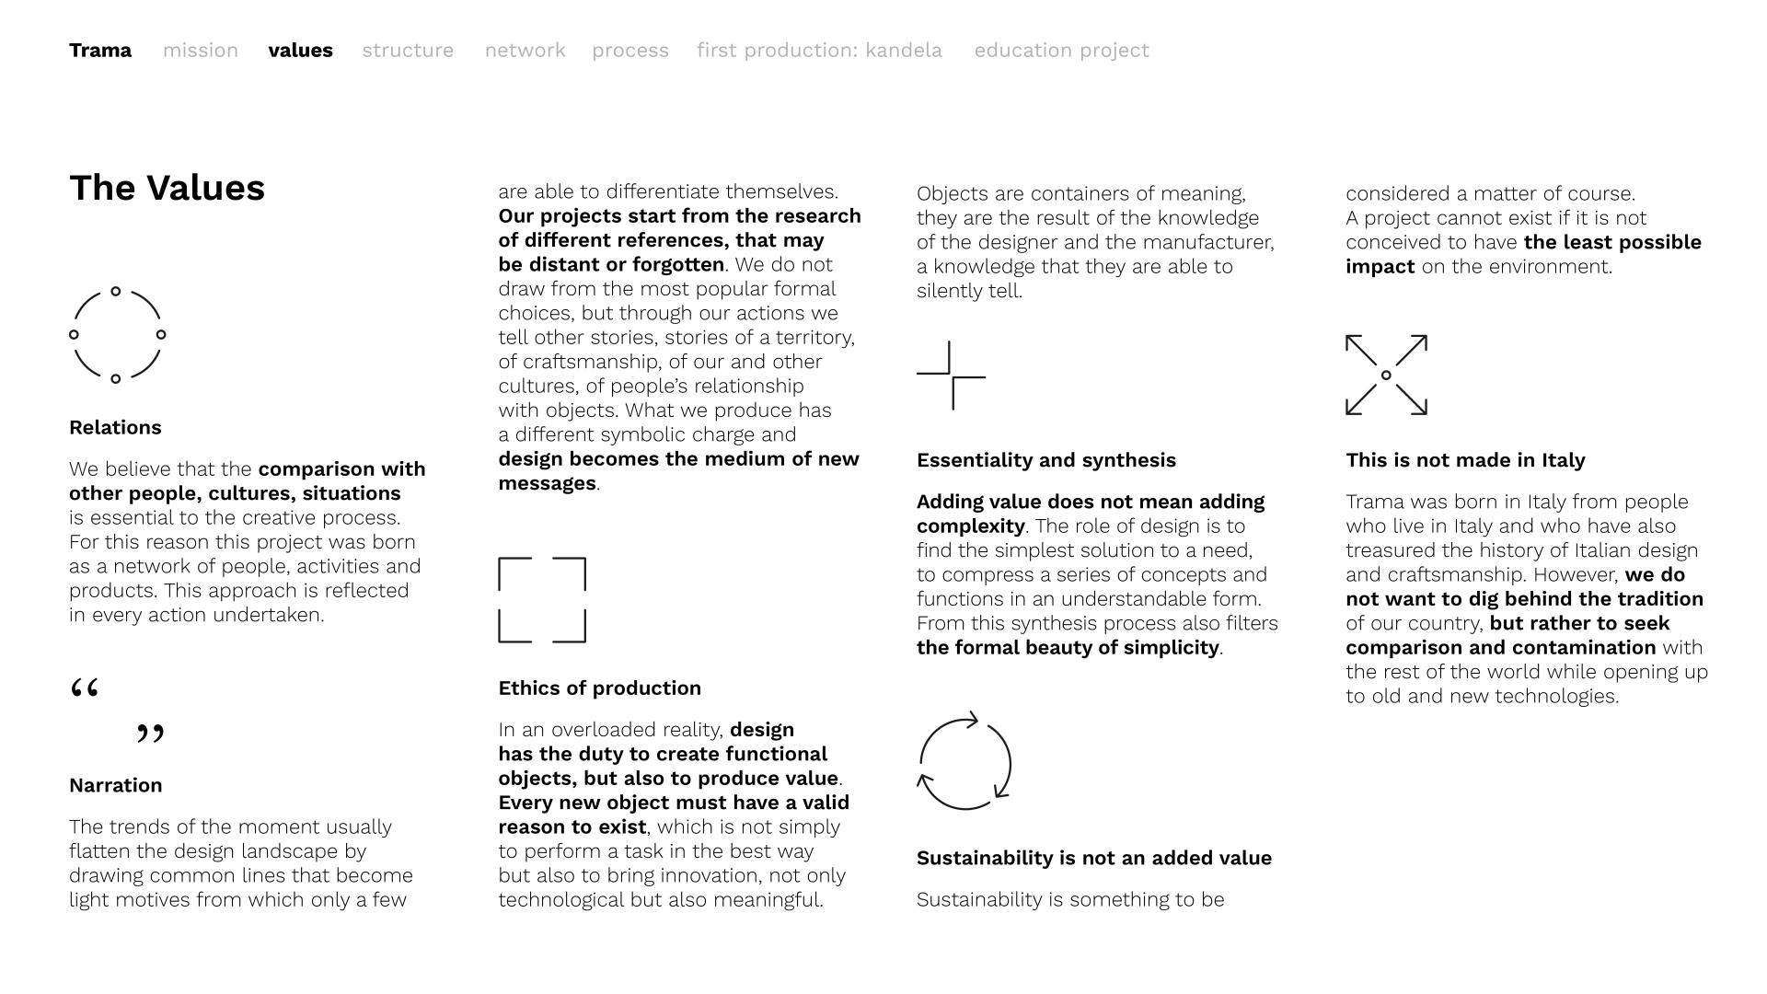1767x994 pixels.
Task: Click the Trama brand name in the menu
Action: (x=100, y=51)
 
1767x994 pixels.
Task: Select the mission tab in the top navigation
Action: (x=201, y=51)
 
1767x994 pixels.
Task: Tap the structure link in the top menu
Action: (x=408, y=51)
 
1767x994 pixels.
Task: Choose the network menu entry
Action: (x=525, y=51)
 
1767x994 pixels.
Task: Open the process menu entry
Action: (x=630, y=51)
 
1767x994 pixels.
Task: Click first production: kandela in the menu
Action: (x=819, y=51)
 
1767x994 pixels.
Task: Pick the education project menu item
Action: (x=1061, y=51)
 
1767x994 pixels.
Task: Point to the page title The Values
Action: (x=167, y=188)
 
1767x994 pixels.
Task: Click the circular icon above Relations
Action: (x=117, y=335)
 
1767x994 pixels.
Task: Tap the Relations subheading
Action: (x=115, y=428)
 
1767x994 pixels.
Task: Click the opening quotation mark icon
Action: (x=85, y=688)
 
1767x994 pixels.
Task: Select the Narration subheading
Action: (x=115, y=786)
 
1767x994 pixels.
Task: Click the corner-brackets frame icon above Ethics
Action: (x=542, y=600)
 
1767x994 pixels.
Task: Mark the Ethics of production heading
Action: (x=599, y=688)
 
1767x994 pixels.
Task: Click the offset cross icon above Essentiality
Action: (x=951, y=376)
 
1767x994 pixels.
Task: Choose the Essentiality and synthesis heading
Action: (x=1045, y=460)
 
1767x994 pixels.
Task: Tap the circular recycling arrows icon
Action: (x=964, y=762)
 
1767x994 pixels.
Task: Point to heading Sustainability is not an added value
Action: (x=1093, y=859)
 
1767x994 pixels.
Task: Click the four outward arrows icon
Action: (x=1386, y=376)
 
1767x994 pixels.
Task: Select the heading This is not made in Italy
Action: (x=1465, y=460)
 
